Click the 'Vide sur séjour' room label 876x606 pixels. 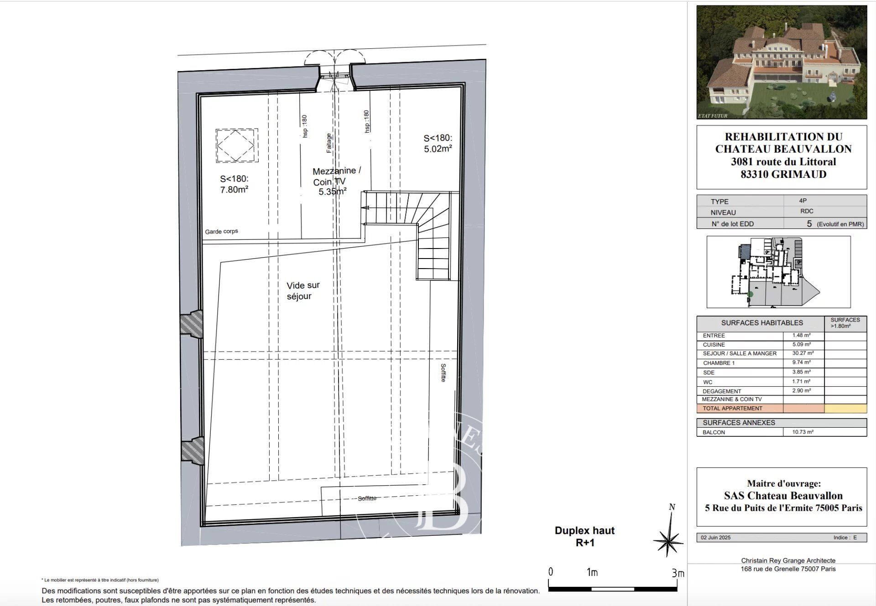coord(302,290)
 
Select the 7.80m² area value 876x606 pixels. coord(234,190)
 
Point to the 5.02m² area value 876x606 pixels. coord(438,149)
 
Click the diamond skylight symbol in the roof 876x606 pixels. coord(236,145)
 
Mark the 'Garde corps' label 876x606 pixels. coord(221,231)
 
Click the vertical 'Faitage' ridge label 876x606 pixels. coord(329,143)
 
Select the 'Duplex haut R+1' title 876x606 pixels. coord(584,536)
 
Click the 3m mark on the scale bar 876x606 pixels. coord(678,573)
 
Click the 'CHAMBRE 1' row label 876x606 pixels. coord(719,363)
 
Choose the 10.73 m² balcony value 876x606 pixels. coord(803,432)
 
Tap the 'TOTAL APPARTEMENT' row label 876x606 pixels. coord(732,409)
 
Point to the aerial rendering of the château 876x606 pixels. coord(782,62)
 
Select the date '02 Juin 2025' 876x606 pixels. coord(715,538)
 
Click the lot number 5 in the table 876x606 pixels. coord(809,224)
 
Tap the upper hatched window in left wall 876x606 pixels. coord(191,325)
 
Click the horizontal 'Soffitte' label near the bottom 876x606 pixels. coord(367,498)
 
